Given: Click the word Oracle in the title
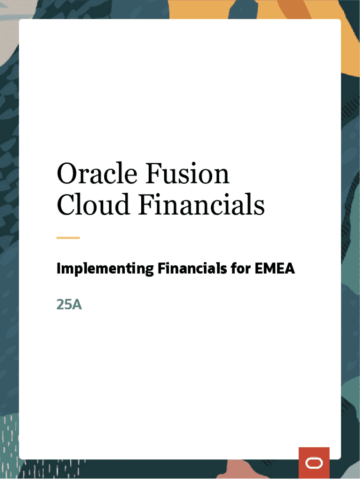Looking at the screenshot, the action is pyautogui.click(x=97, y=173).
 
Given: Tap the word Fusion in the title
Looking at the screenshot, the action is pyautogui.click(x=187, y=173).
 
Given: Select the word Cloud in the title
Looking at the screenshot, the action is pyautogui.click(x=93, y=204).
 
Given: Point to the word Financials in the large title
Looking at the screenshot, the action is pyautogui.click(x=202, y=204).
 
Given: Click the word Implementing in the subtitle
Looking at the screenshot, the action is pyautogui.click(x=105, y=269).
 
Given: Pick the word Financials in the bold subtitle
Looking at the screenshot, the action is pyautogui.click(x=192, y=269).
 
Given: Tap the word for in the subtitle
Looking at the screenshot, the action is pyautogui.click(x=241, y=269).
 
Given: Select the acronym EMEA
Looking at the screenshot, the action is pyautogui.click(x=274, y=269).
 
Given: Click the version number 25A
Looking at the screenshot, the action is pyautogui.click(x=69, y=305).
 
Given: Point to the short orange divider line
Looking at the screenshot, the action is pyautogui.click(x=68, y=238).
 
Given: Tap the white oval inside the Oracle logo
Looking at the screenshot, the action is pyautogui.click(x=314, y=463).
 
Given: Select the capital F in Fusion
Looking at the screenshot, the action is pyautogui.click(x=154, y=173).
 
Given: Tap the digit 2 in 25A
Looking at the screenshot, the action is pyautogui.click(x=60, y=305).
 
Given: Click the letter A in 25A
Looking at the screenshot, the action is pyautogui.click(x=77, y=305).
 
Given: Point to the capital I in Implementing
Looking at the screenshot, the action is pyautogui.click(x=58, y=269).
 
